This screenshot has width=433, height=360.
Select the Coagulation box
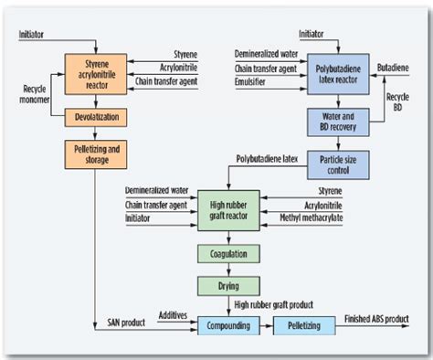tap(223, 253)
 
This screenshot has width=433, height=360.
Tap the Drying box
tap(223, 286)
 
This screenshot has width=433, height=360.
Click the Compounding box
tap(223, 324)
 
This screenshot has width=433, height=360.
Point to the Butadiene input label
tap(392, 68)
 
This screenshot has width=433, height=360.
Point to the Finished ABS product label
tap(377, 318)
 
